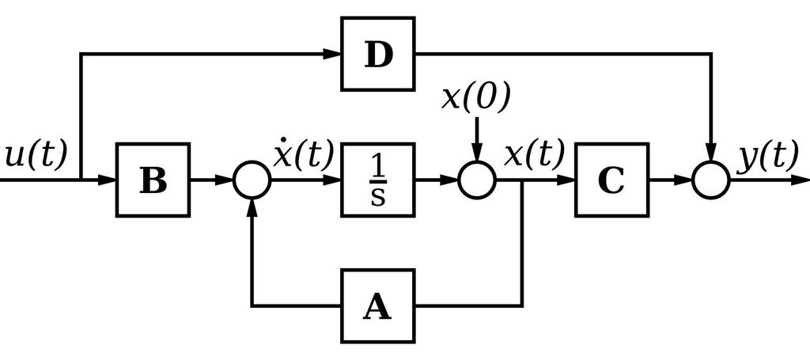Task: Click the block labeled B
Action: pyautogui.click(x=153, y=180)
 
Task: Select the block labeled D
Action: pyautogui.click(x=378, y=54)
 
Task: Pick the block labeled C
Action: pyautogui.click(x=611, y=180)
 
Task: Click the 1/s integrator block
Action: pyautogui.click(x=378, y=180)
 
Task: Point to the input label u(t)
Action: pyautogui.click(x=36, y=155)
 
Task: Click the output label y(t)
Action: pyautogui.click(x=767, y=157)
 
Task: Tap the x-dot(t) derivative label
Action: pyautogui.click(x=303, y=153)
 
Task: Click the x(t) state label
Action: pyautogui.click(x=535, y=153)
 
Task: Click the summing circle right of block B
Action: pyautogui.click(x=252, y=180)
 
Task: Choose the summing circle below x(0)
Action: pyautogui.click(x=477, y=180)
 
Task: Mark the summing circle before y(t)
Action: pyautogui.click(x=711, y=180)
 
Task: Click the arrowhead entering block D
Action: pyautogui.click(x=333, y=54)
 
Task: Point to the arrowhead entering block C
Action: pyautogui.click(x=566, y=180)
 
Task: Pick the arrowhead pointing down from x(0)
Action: pyautogui.click(x=477, y=153)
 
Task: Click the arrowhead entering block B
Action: pyautogui.click(x=108, y=180)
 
